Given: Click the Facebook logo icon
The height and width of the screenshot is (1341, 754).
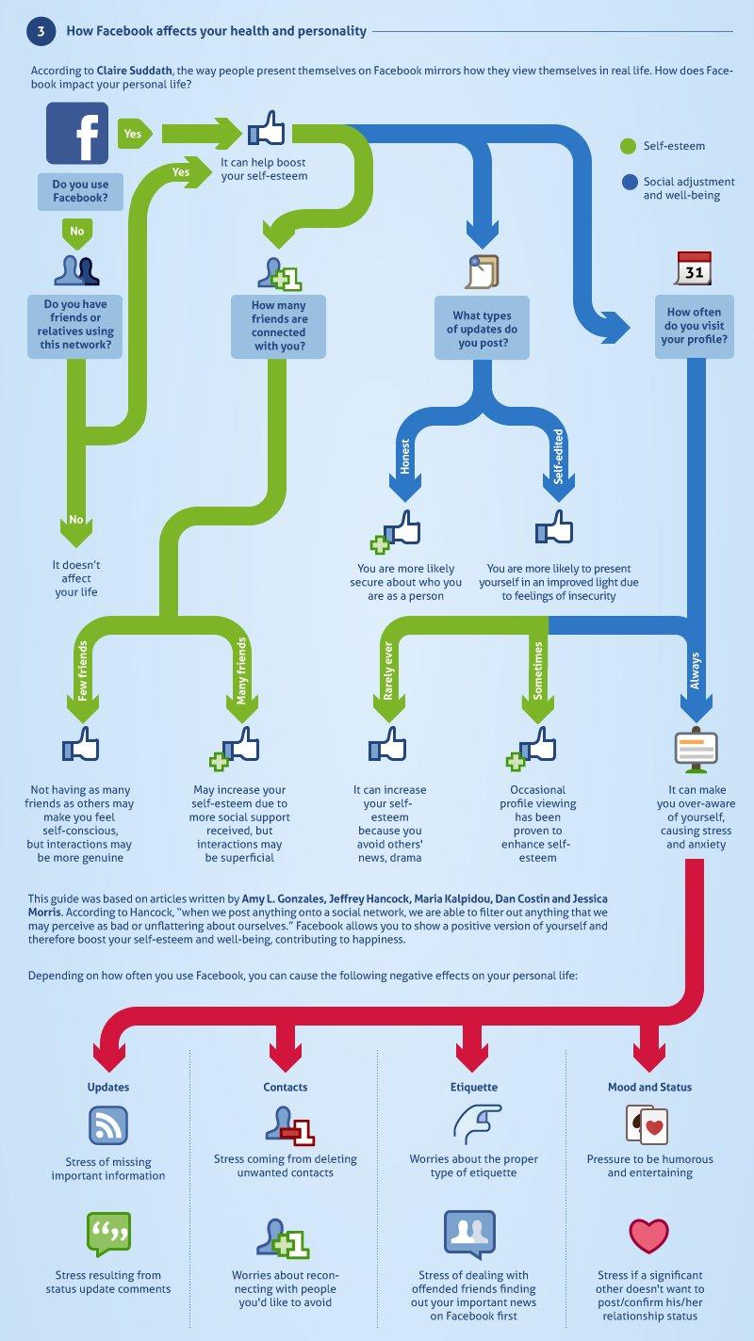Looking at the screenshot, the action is point(77,133).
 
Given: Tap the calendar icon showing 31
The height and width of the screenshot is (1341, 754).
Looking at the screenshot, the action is point(694,268).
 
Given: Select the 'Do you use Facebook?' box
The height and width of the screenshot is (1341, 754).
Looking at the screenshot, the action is point(80,191).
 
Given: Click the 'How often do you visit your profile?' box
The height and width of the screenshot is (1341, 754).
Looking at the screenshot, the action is point(694,326).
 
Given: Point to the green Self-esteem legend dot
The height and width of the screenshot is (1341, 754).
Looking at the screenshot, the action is point(628,146).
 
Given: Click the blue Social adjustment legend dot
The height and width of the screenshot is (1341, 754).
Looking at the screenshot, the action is point(630,182).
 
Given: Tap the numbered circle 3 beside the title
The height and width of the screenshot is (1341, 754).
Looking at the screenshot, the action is point(41,31).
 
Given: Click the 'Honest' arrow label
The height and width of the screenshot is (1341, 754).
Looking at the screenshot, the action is point(405,457).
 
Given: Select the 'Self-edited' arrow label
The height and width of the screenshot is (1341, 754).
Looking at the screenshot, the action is point(559,456).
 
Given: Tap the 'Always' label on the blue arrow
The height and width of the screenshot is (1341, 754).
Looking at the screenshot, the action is point(695,670).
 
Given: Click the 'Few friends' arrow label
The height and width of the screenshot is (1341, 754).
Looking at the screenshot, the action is point(83,670).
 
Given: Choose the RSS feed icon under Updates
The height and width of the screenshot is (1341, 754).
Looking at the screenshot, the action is point(107,1126).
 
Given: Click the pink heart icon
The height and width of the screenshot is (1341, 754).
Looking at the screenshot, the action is point(648,1236).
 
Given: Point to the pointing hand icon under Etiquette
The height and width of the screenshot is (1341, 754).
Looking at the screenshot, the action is point(477,1124).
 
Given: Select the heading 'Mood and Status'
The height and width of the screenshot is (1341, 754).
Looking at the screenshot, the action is point(649,1087).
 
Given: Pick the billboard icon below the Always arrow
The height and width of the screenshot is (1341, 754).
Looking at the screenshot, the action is point(696,751).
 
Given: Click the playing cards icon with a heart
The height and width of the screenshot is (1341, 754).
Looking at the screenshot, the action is point(647,1125).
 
